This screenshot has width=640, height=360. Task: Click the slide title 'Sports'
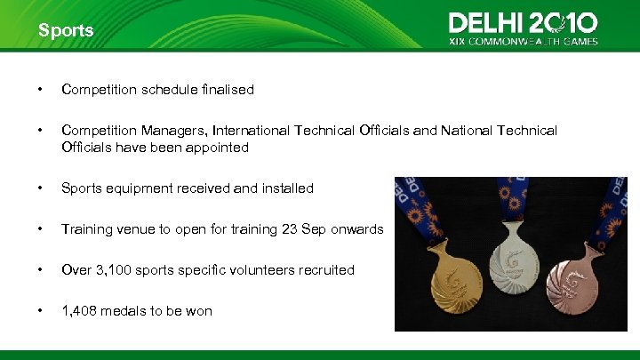click(65, 30)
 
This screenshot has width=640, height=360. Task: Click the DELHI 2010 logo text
click(523, 22)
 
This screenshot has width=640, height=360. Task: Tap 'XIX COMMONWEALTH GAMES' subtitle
click(523, 41)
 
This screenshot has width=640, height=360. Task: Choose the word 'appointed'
click(219, 148)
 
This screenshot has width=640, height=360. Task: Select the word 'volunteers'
click(271, 270)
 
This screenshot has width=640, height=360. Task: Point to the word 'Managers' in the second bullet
click(169, 131)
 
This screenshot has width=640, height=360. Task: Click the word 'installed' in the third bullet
click(287, 188)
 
